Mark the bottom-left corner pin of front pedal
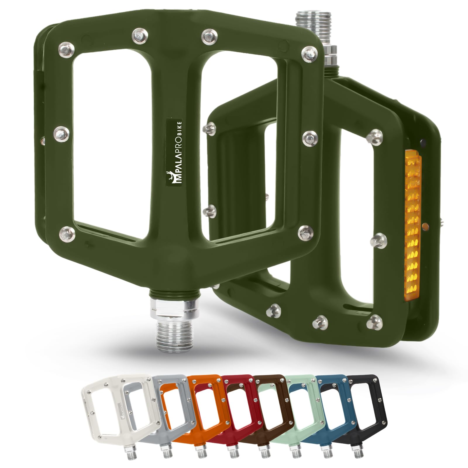(x=68, y=233)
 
